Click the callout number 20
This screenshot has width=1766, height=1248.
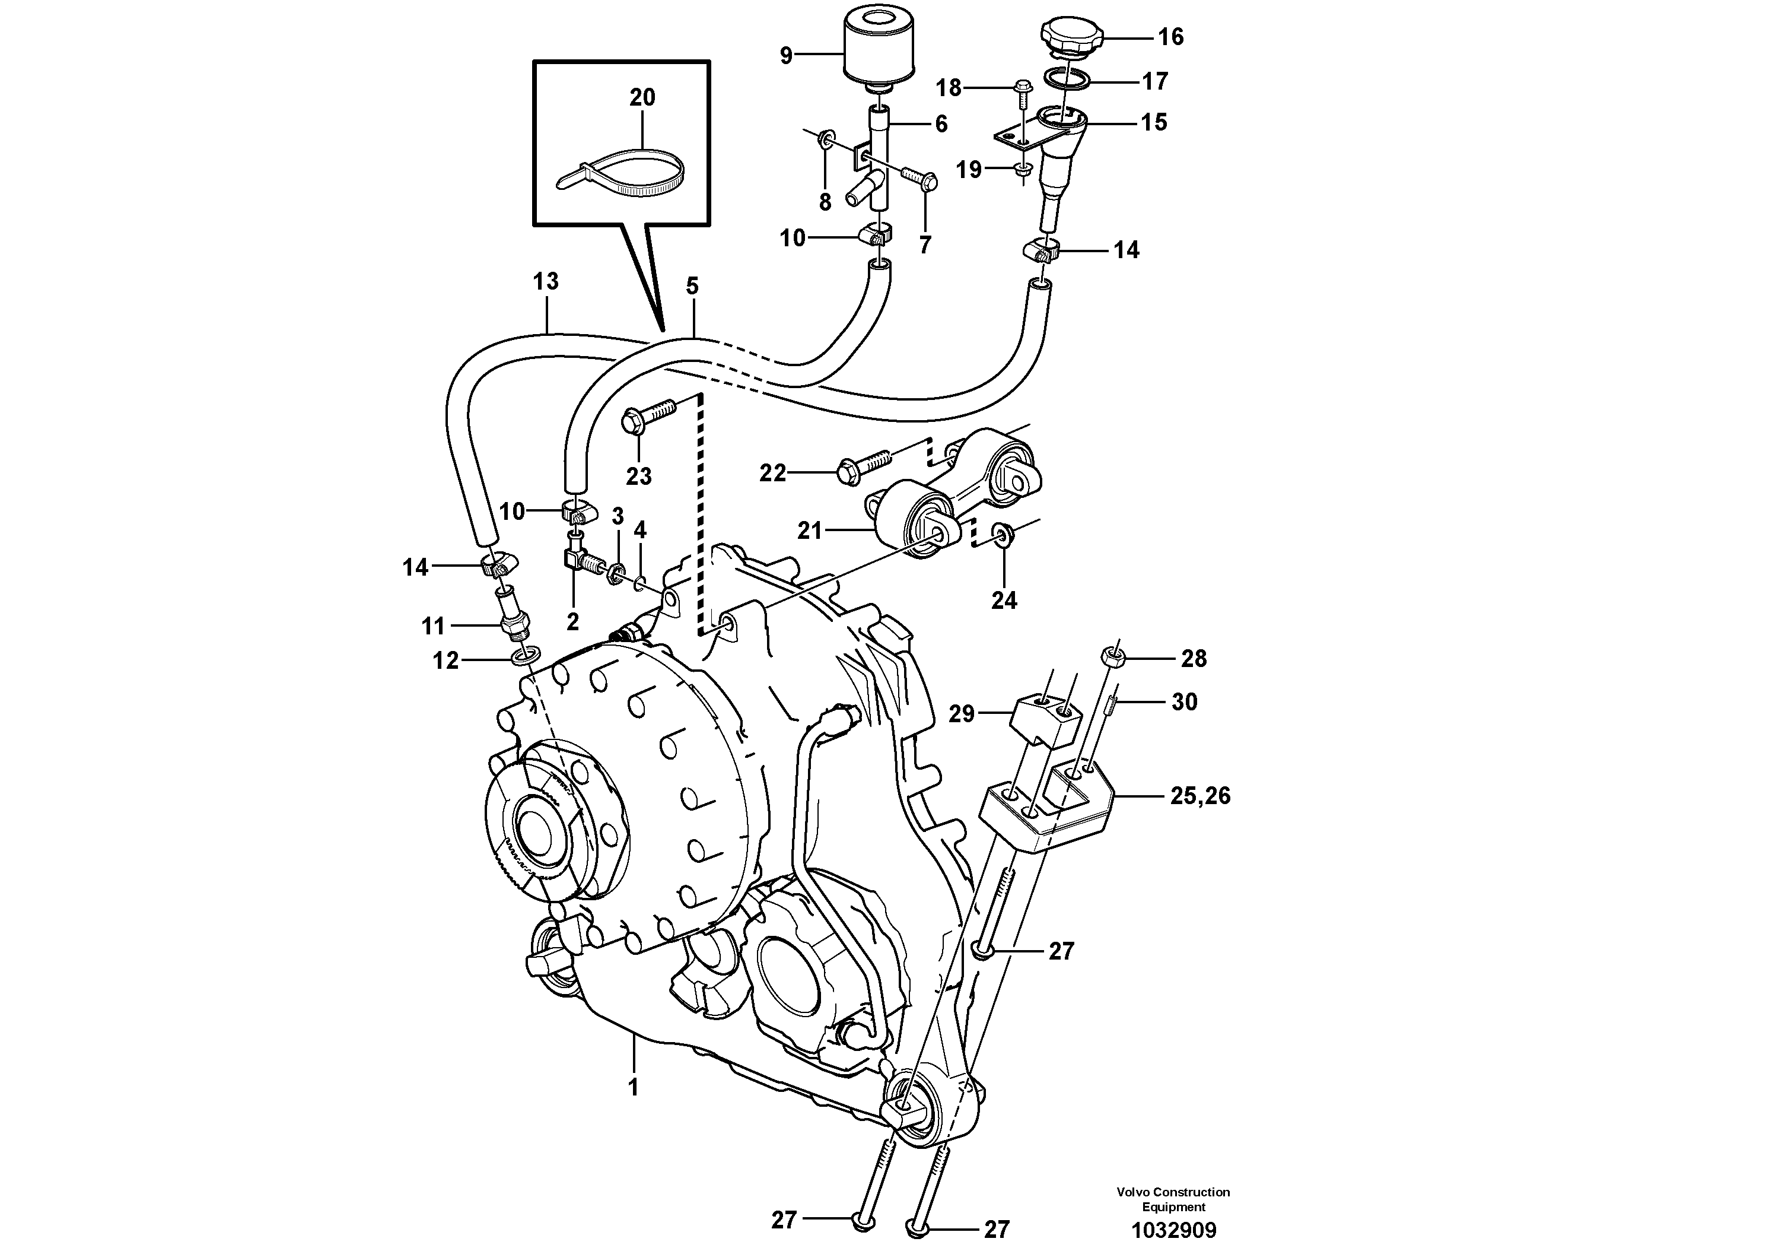coord(642,98)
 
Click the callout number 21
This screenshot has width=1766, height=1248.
coord(809,531)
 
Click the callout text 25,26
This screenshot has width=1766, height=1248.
coord(1200,796)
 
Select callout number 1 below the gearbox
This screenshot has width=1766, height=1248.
coord(633,1087)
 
